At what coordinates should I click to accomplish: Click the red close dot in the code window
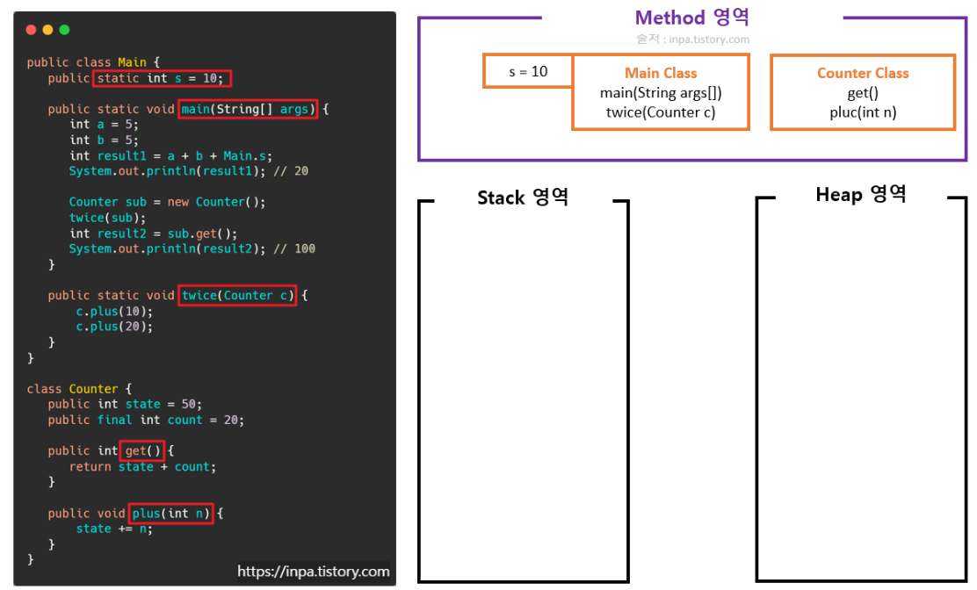pos(31,30)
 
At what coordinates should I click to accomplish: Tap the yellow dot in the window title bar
pos(47,30)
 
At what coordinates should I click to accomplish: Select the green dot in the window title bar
pos(64,30)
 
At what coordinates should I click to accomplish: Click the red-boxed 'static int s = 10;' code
pos(163,78)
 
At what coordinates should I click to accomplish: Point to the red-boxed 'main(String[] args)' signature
pos(247,109)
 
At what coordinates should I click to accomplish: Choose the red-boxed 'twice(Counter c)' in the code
pos(238,295)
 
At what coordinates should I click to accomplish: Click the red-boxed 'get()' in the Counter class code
pos(143,450)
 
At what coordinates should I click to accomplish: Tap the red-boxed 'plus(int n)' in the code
pos(171,513)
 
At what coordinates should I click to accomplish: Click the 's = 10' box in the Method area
pos(528,71)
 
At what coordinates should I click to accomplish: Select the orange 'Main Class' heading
pos(661,74)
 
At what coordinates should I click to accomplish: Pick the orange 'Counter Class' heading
pos(863,74)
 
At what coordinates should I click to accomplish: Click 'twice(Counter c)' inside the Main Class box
pos(661,112)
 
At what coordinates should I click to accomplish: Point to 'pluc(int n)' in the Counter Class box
pos(863,112)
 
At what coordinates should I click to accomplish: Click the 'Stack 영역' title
pos(523,198)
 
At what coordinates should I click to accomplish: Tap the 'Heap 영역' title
pos(860,195)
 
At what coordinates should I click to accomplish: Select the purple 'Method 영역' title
pos(691,18)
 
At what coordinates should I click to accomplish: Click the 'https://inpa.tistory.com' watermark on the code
pos(313,572)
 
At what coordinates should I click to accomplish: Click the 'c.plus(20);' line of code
pos(114,327)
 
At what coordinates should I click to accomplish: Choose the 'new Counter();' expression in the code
pos(216,202)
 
